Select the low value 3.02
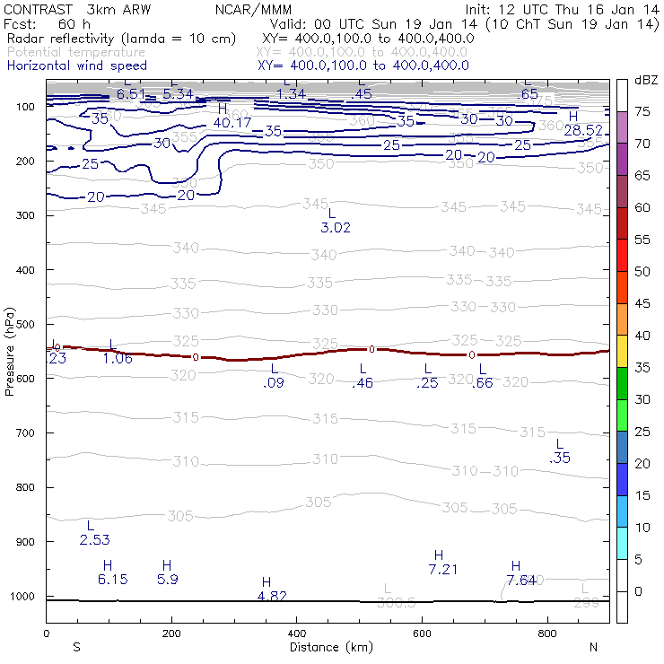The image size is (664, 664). (x=336, y=228)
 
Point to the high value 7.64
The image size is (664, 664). (x=521, y=580)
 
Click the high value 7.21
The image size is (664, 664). (x=444, y=569)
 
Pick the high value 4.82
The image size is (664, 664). (x=272, y=596)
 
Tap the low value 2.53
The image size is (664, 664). (x=94, y=539)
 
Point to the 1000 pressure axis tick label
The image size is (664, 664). (x=21, y=597)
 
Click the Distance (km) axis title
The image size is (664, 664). (x=331, y=647)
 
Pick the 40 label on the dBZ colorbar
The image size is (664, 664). (x=642, y=336)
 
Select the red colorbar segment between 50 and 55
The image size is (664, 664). (x=623, y=255)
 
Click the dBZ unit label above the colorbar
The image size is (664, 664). (x=645, y=81)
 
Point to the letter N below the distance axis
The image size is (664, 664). (x=594, y=647)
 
